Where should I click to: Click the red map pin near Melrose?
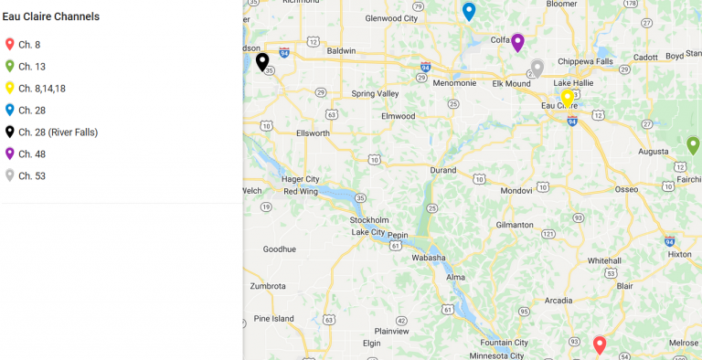pos(600,344)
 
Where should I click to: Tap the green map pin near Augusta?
pos(693,144)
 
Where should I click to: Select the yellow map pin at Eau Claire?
pos(567,97)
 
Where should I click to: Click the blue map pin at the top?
pos(469,11)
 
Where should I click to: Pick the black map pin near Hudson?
pos(262,61)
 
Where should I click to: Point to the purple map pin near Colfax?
pos(517,42)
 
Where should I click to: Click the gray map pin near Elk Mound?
pos(537,68)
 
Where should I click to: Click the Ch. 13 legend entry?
pos(31,67)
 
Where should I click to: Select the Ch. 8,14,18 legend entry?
pos(41,89)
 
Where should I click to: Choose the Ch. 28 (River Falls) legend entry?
pos(58,132)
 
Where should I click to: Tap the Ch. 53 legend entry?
pos(31,176)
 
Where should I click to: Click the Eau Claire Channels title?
pos(51,16)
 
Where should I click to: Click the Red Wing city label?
pos(302,191)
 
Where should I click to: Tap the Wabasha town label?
pos(428,258)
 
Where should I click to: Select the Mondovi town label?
pos(516,190)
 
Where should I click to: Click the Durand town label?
pos(442,170)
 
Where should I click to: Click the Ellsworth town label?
pos(313,132)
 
